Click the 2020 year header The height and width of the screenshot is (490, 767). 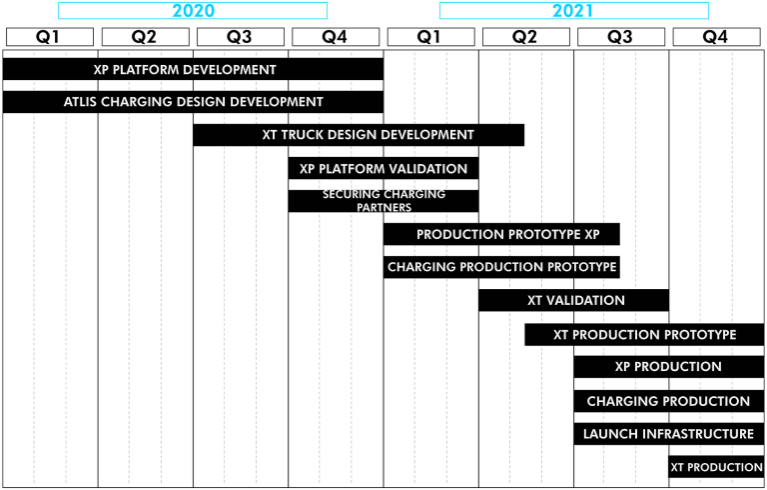(193, 11)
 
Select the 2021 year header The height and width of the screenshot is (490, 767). (574, 11)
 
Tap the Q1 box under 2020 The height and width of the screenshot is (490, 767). (49, 37)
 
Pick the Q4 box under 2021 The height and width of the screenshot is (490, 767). (716, 37)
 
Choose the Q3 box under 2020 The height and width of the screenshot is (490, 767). (240, 37)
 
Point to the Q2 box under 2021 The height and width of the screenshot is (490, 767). (526, 37)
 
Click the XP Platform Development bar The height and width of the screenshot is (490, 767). (193, 69)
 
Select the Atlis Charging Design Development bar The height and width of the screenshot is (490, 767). (193, 102)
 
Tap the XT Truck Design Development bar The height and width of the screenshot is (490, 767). (359, 135)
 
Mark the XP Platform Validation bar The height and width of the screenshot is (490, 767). (383, 169)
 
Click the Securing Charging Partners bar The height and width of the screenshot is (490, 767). (383, 201)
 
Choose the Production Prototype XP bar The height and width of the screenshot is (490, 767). (501, 234)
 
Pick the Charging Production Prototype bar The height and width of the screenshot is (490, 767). (501, 267)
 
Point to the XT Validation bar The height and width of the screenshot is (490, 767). (574, 300)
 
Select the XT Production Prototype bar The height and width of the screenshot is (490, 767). (644, 335)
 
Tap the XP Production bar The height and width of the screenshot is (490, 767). (669, 367)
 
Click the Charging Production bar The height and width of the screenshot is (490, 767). (669, 401)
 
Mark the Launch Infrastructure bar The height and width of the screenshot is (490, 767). (669, 434)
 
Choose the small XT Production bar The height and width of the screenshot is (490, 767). (716, 467)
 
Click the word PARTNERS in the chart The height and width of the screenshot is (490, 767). (383, 207)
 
